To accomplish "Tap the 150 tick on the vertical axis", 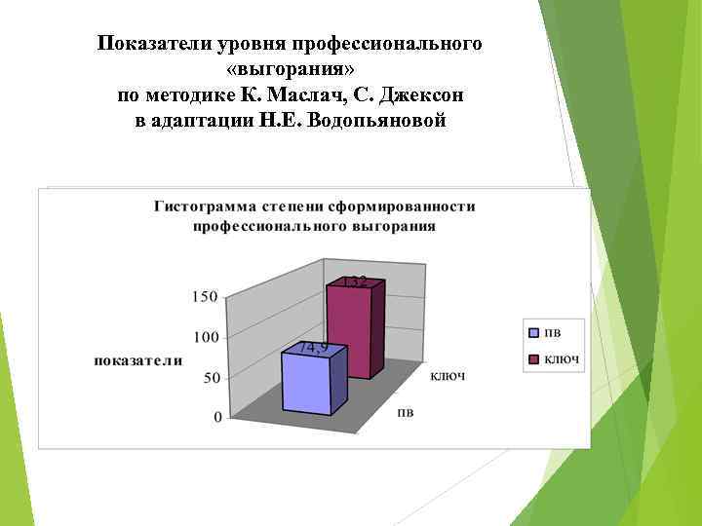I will point(204,297).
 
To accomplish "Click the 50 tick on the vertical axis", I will point(210,377).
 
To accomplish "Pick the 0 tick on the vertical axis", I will point(215,417).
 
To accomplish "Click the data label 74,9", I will point(313,348).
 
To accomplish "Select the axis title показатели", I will point(137,360).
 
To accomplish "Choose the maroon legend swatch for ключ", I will point(533,359).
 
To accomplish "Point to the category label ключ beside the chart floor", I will point(448,375).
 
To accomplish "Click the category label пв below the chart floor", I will point(405,412).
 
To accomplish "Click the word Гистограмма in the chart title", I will point(199,207).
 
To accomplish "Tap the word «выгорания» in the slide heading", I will point(290,71).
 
